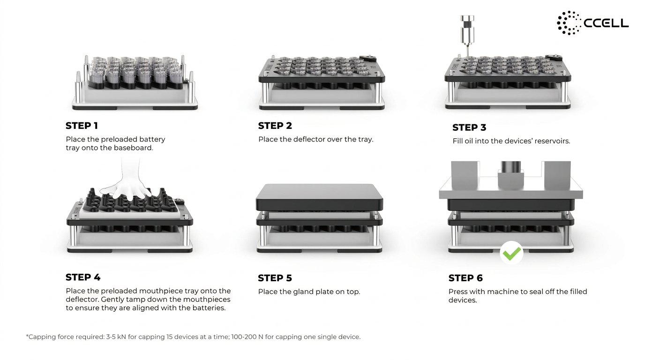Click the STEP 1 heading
click(82, 126)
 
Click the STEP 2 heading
click(275, 126)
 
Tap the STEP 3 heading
click(469, 127)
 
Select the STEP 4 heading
click(83, 277)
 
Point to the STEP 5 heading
click(275, 278)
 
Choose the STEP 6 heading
click(465, 278)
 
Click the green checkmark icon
click(511, 253)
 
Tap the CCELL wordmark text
click(606, 23)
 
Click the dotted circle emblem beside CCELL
click(569, 23)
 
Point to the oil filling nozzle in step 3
click(467, 36)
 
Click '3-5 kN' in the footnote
click(116, 337)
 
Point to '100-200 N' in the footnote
click(247, 337)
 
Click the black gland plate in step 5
click(319, 197)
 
